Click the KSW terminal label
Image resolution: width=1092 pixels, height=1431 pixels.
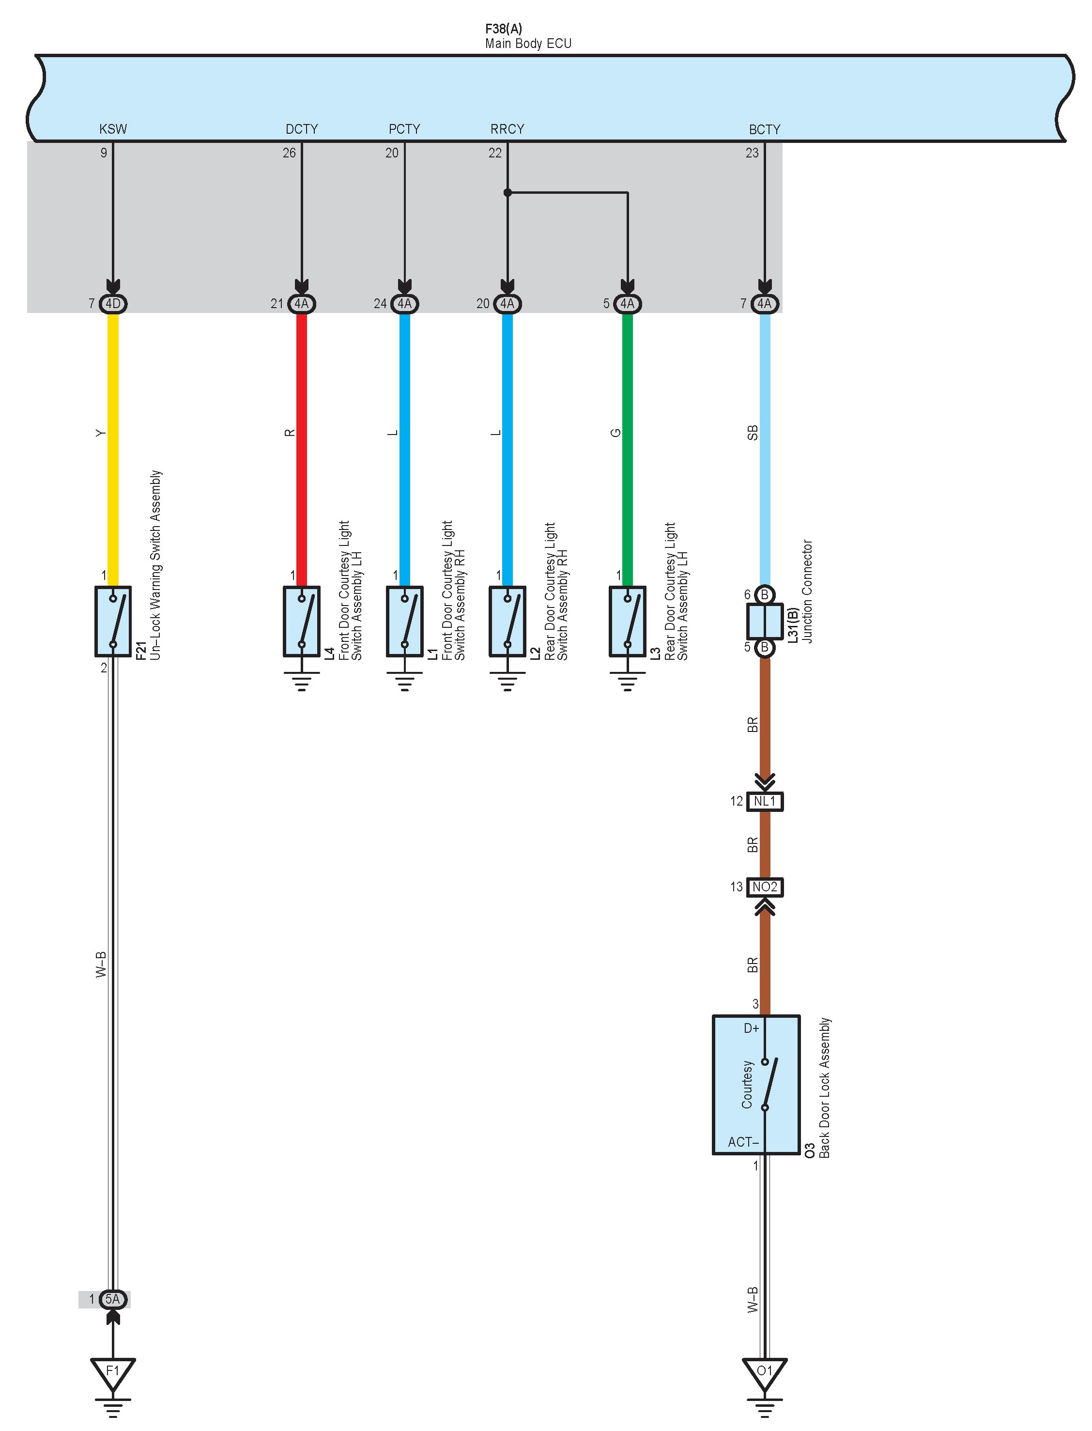coord(113,129)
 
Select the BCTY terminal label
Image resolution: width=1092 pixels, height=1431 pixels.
coord(764,129)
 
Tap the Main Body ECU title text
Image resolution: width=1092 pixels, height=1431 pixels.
coord(528,44)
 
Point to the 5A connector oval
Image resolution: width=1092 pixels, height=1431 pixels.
coord(113,1299)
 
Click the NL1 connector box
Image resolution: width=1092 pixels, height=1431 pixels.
coord(765,801)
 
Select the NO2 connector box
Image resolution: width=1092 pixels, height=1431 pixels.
coord(765,887)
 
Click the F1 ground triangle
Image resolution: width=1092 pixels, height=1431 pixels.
coord(113,1372)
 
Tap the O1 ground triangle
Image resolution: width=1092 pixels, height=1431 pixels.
coord(765,1372)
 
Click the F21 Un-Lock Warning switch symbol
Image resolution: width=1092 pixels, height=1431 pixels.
coord(113,622)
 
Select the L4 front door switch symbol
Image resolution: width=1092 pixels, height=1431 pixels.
coord(302,622)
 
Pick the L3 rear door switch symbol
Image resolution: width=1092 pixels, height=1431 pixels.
coord(627,622)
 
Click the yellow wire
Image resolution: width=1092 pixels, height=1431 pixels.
coord(113,449)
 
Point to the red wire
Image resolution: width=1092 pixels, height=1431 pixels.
coord(302,449)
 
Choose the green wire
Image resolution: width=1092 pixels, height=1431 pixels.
coord(627,449)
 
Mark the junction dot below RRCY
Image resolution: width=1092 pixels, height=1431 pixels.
coord(508,192)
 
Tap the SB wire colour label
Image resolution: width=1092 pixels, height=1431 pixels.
coord(752,433)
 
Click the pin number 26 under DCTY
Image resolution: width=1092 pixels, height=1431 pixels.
coord(289,153)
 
